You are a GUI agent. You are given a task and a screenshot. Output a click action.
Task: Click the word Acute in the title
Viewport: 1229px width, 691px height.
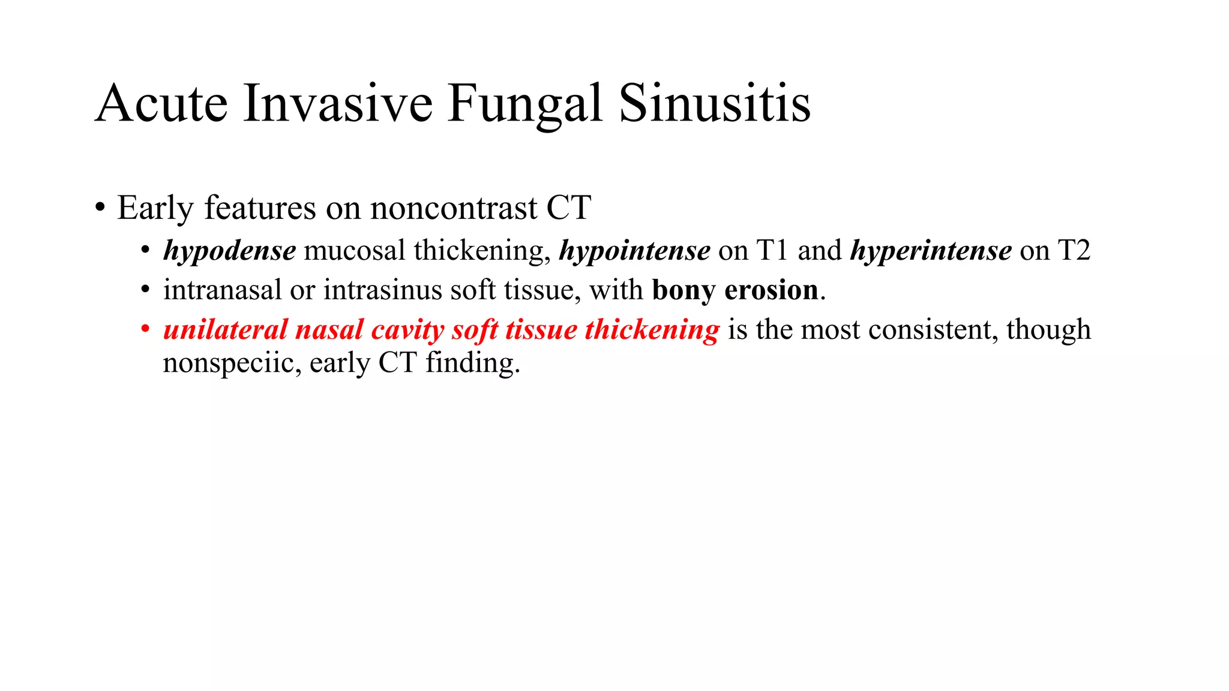[161, 104]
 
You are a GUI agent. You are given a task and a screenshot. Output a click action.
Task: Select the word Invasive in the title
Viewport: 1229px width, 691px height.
[337, 104]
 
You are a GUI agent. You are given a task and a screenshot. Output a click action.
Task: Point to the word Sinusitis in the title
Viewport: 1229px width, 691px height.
[714, 104]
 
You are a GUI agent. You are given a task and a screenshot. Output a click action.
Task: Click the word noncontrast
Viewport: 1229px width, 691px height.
[453, 208]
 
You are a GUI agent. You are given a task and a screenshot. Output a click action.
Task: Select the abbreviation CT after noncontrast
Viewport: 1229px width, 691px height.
[568, 208]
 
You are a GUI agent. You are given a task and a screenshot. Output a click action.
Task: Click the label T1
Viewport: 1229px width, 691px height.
[772, 250]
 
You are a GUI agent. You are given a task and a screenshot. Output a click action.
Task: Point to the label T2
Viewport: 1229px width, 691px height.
[1074, 250]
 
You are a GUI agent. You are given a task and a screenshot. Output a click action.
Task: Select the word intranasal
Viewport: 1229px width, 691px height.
[222, 290]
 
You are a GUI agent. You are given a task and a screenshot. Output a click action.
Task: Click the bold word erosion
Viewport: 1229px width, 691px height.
[771, 290]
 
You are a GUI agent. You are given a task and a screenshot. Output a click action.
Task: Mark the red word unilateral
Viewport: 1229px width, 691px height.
[225, 330]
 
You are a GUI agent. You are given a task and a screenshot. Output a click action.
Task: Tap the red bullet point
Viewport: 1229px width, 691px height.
[145, 330]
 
